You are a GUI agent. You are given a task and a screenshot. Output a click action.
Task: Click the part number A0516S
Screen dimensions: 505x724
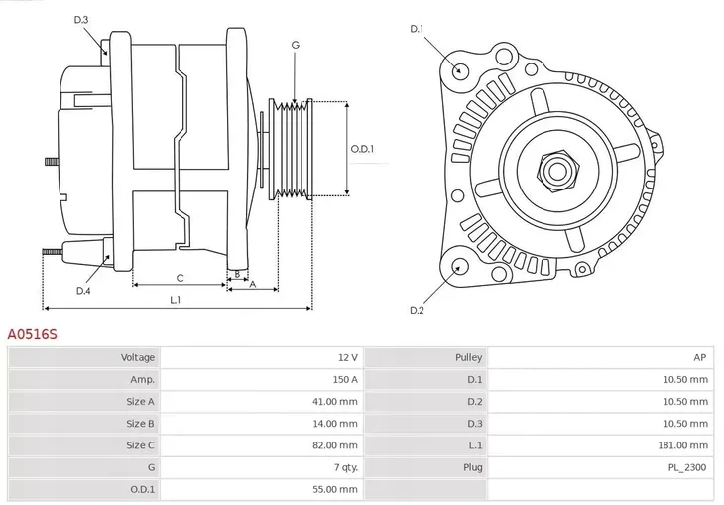point(33,335)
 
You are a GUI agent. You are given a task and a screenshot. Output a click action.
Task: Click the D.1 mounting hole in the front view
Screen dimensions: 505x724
point(459,70)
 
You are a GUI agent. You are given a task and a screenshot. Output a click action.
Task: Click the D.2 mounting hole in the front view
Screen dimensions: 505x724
point(459,266)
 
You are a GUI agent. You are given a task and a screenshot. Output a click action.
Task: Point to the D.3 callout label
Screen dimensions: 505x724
point(81,20)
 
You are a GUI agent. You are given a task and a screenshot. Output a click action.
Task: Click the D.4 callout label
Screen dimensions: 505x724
point(83,291)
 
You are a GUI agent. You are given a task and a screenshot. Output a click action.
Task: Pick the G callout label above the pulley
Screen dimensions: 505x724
point(295,46)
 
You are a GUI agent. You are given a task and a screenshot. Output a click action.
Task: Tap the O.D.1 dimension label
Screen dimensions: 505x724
point(362,149)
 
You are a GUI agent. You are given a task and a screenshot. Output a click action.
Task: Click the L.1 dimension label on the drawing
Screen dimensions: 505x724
point(175,299)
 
